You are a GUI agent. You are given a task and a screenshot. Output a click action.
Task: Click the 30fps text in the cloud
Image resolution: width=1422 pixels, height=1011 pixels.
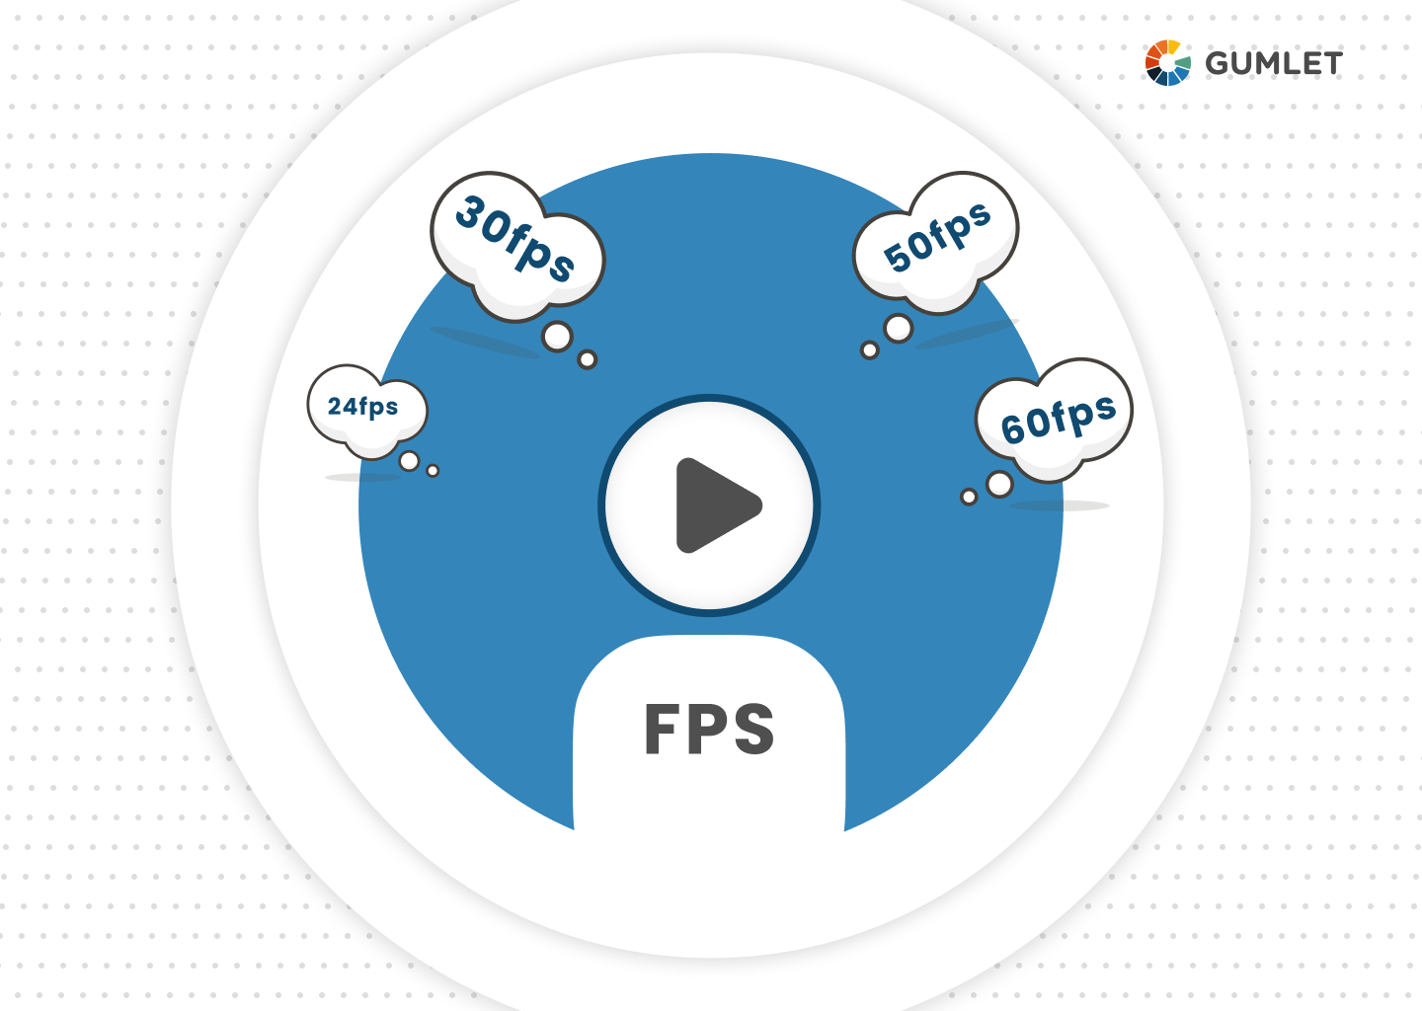point(515,239)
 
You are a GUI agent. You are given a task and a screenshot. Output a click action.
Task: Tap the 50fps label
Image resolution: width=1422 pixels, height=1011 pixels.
point(937,237)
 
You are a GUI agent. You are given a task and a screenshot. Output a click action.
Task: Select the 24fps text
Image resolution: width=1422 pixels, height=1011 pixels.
point(362,407)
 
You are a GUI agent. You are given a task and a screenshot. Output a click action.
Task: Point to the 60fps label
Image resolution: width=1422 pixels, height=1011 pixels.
point(1059,418)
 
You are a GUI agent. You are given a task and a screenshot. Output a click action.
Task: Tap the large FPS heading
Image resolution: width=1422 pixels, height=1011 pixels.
point(709,730)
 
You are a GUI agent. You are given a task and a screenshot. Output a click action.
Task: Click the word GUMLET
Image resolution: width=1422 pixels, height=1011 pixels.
point(1274,63)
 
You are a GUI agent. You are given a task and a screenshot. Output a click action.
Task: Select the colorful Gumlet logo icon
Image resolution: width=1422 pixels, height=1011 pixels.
point(1167,63)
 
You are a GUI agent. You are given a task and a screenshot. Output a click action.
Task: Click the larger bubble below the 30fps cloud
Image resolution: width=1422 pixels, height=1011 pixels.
point(557,337)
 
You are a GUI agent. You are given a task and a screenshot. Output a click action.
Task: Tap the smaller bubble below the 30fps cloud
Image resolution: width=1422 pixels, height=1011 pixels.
point(588,359)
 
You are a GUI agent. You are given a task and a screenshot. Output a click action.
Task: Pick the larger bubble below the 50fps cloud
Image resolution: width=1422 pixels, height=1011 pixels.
point(899,329)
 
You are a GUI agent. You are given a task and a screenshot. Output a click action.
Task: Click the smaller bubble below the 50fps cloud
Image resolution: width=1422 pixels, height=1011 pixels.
point(870,350)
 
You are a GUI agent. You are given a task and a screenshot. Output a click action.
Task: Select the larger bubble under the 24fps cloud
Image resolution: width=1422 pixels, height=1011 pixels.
point(410,461)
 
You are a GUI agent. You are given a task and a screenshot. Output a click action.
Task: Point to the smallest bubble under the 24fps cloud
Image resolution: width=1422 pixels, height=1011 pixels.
point(433,471)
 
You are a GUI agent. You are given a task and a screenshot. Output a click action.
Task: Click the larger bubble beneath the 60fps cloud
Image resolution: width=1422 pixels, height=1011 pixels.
point(999,484)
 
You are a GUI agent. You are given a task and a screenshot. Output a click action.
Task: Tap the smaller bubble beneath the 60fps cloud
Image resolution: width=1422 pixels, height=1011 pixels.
point(969,497)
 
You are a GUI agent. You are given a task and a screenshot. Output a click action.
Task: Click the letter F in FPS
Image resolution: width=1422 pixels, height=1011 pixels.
point(661,730)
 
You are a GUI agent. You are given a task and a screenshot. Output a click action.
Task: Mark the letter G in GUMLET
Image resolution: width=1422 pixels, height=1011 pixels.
point(1218,63)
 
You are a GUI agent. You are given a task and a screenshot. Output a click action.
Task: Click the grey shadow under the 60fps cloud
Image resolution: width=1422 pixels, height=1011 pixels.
point(1059,505)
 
